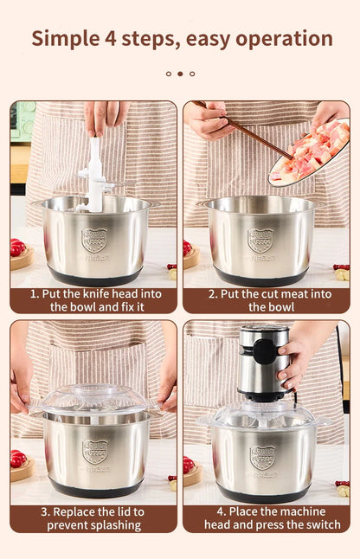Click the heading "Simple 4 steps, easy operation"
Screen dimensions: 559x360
(182, 38)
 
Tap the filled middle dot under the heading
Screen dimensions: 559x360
(180, 74)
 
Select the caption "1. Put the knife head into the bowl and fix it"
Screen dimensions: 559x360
(93, 299)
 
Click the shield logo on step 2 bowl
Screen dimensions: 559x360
(261, 240)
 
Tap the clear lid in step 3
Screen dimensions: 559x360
(93, 400)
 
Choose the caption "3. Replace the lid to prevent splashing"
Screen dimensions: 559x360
(93, 517)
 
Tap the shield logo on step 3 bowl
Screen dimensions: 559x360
(94, 451)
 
